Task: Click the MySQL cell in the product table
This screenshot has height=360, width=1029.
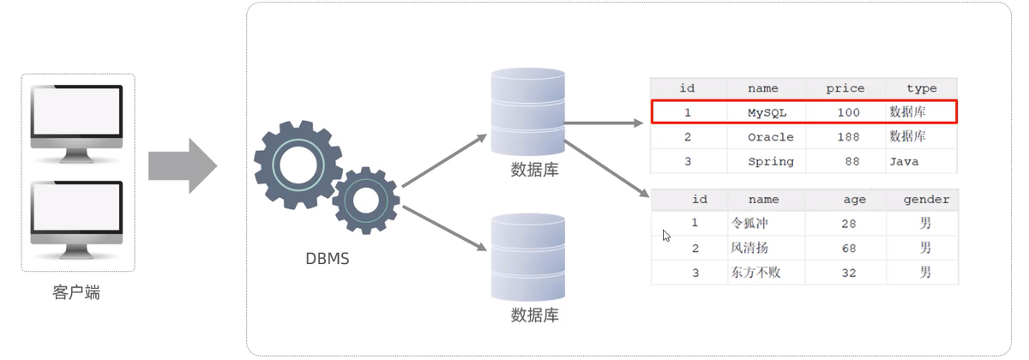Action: (x=767, y=112)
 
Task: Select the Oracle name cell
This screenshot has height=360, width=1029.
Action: (x=770, y=137)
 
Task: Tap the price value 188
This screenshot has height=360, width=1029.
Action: (x=848, y=137)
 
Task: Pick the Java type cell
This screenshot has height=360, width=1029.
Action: (x=904, y=162)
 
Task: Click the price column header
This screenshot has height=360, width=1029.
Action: (x=845, y=88)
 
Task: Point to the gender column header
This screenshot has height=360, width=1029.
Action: (x=926, y=200)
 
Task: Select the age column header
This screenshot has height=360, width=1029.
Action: (x=854, y=200)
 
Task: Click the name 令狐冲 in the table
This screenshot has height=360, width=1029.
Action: (x=749, y=223)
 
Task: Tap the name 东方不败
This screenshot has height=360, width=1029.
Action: (x=755, y=273)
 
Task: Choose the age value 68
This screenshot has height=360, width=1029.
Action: (x=848, y=249)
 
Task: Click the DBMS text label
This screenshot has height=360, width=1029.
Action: (x=327, y=259)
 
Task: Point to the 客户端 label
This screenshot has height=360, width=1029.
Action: (x=76, y=292)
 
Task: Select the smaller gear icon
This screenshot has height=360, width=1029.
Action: (x=365, y=201)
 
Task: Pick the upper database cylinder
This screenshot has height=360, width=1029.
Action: (x=528, y=111)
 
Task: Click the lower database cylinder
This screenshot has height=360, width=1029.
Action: (x=528, y=257)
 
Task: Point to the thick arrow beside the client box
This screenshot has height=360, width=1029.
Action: (x=183, y=165)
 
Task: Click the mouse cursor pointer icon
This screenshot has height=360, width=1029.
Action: (x=666, y=236)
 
